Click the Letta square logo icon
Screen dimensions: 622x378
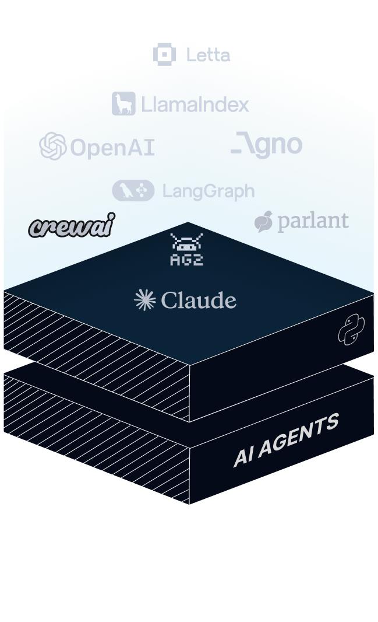(165, 54)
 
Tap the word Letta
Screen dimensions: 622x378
(208, 55)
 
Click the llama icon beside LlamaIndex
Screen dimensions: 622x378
(123, 104)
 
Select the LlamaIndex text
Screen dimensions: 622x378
(195, 105)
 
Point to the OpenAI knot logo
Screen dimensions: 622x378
(52, 146)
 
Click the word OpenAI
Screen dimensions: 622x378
(112, 148)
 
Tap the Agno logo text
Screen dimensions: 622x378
(266, 145)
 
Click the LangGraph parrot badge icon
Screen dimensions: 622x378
(133, 190)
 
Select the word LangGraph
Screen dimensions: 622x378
(208, 191)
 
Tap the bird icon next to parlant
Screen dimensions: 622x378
(264, 222)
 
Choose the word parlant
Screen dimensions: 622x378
(313, 221)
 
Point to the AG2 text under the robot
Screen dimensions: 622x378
(186, 260)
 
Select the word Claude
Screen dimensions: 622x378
(199, 300)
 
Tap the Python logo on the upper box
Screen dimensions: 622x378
(351, 330)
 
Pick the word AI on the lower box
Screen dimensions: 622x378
(243, 457)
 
